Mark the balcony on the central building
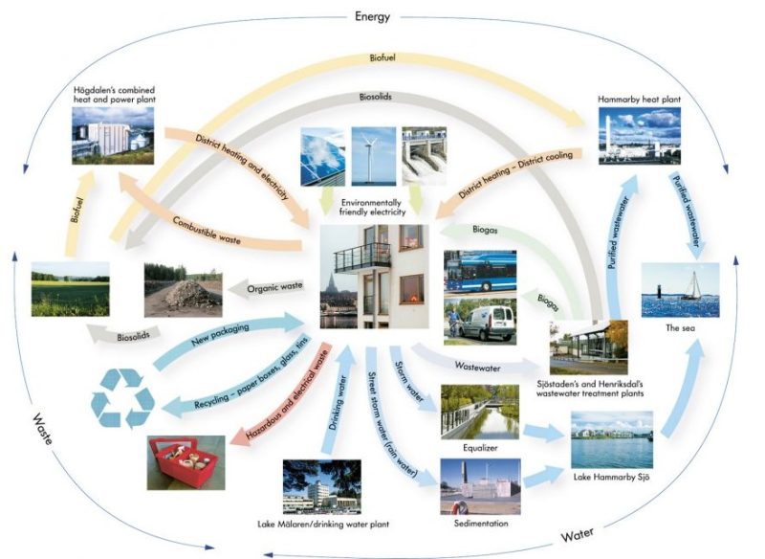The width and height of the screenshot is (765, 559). click(x=362, y=257)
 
